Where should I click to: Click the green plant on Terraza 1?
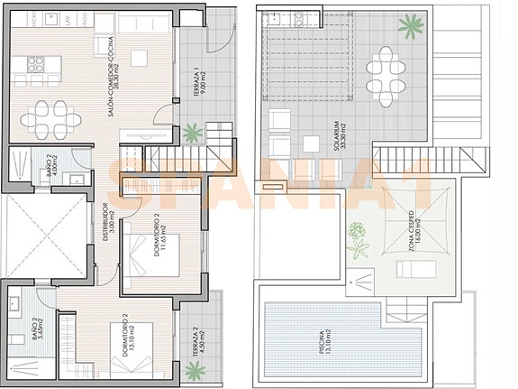point(192,134)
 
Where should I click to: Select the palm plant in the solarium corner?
point(411,25)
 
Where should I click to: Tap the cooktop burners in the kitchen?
point(35,64)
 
